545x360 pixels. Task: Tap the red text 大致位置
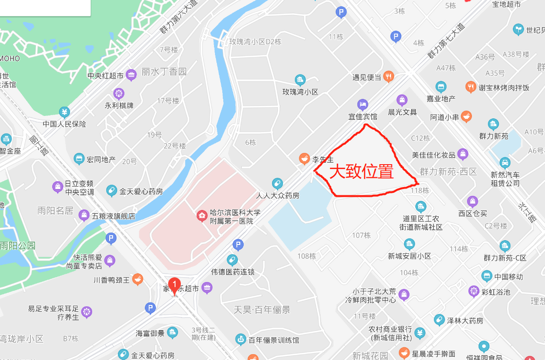(361, 171)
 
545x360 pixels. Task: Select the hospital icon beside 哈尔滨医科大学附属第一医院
(201, 216)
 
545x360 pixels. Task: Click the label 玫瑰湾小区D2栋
(255, 42)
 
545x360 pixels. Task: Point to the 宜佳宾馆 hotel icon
(362, 104)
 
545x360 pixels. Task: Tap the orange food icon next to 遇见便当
(389, 76)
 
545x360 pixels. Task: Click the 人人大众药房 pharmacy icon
(277, 184)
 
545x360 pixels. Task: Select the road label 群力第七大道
(446, 42)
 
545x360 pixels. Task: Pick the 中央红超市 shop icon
(131, 76)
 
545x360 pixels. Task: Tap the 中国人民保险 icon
(64, 112)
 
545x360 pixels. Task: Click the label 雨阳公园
(18, 246)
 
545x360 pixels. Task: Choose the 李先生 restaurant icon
(304, 158)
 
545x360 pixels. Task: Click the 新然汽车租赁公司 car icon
(506, 162)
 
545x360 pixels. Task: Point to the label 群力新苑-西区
(448, 172)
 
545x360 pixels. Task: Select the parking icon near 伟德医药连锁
(238, 245)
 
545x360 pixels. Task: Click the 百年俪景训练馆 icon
(240, 339)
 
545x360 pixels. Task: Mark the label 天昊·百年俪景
(262, 309)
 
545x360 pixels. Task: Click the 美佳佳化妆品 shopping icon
(463, 154)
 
